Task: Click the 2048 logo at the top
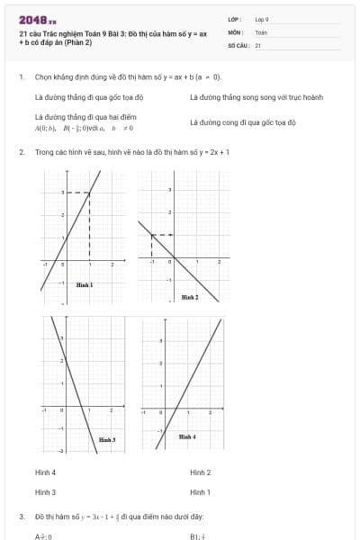pos(37,19)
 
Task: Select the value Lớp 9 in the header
pos(261,19)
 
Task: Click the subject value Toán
pos(261,31)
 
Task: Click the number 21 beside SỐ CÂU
pos(258,44)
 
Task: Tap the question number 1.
pos(21,77)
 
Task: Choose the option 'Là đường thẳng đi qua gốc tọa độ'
pos(88,96)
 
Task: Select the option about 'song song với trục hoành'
pos(256,96)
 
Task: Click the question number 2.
pos(21,152)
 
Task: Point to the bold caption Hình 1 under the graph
pos(85,284)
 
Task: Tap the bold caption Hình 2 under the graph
pos(190,296)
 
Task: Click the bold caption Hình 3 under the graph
pos(106,439)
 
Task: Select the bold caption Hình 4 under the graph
pos(186,436)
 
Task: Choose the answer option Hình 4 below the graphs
pos(45,472)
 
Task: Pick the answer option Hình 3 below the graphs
pos(45,492)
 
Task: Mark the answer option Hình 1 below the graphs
pos(200,492)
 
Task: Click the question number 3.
pos(21,517)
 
